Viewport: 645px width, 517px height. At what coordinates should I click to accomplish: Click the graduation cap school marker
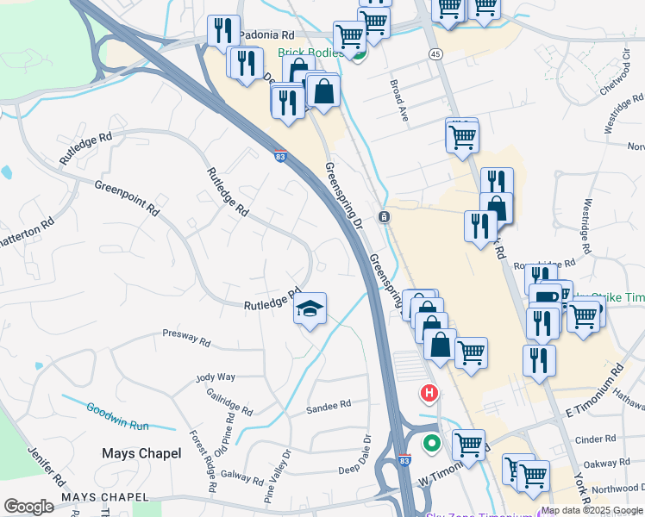[x=310, y=308]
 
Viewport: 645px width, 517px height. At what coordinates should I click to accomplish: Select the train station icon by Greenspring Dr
[x=383, y=216]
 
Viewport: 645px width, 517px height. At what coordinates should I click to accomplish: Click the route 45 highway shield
[x=435, y=54]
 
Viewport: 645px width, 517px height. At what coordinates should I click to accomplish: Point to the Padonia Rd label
[x=266, y=35]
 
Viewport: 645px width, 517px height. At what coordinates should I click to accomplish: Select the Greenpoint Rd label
[x=128, y=197]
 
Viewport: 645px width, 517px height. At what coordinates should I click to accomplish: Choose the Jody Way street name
[x=216, y=377]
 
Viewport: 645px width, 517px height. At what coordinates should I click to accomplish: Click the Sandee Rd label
[x=329, y=404]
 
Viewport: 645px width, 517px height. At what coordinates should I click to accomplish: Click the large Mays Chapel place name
[x=141, y=453]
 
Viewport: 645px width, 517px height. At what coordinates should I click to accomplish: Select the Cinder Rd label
[x=596, y=439]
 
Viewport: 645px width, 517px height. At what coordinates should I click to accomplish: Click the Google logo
[x=28, y=507]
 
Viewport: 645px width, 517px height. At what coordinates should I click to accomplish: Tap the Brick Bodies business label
[x=310, y=53]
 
